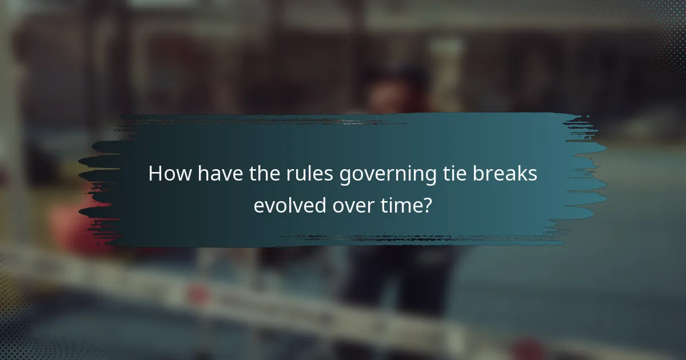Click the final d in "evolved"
click(321, 205)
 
